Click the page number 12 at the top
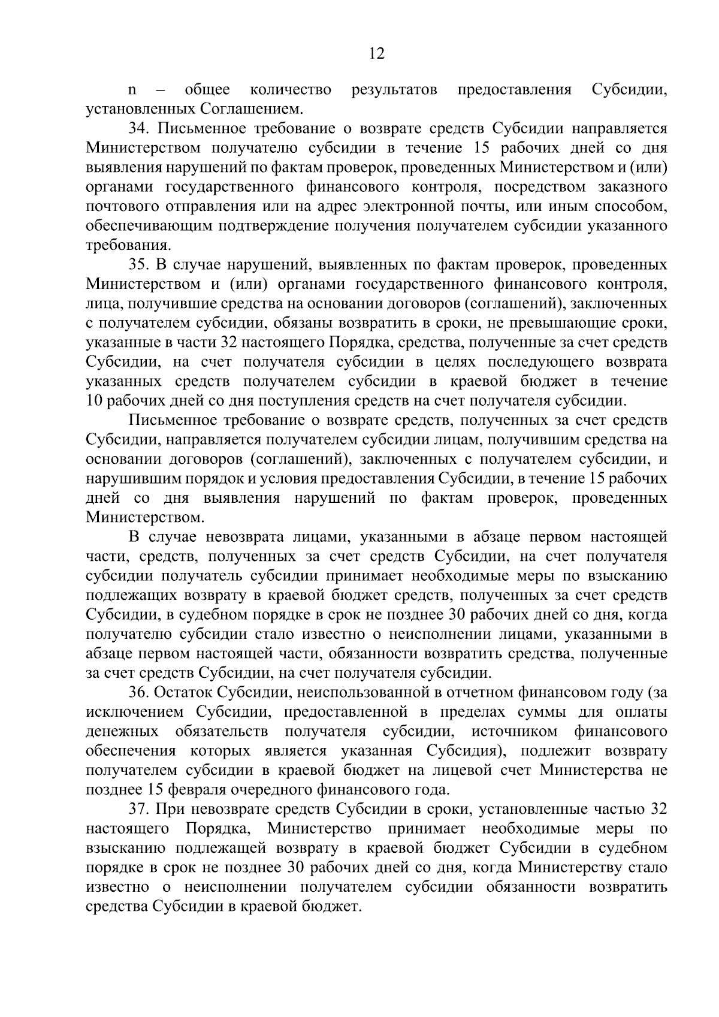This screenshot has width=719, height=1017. pos(377,53)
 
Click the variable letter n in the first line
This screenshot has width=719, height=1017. pos(133,90)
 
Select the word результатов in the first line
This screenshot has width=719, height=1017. pos(394,90)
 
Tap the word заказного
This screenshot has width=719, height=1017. pos(633,187)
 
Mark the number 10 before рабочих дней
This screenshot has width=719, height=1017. pos(96,401)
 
